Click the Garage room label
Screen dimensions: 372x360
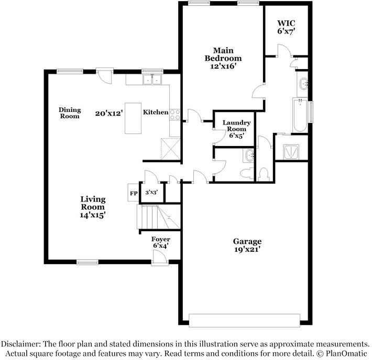pos(247,241)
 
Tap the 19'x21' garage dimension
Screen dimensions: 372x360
pos(247,249)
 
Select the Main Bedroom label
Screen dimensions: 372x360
pos(223,54)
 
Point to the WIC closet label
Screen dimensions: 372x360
pos(287,23)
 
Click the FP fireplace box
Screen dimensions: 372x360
pos(133,193)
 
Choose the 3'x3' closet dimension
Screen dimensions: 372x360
pos(151,192)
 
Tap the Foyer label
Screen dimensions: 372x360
pos(161,239)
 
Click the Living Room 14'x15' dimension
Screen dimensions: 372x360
pos(93,215)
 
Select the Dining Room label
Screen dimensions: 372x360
pos(70,113)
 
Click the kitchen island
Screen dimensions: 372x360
pos(133,118)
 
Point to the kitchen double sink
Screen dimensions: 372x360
pos(152,80)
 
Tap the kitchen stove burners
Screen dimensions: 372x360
pos(175,115)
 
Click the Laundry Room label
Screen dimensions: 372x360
pos(236,126)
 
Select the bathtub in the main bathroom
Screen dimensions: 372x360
pos(300,115)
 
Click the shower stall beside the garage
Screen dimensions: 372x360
pos(291,152)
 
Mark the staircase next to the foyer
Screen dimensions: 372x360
pos(158,217)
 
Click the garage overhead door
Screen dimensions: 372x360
pos(244,320)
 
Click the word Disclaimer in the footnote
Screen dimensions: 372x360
pos(20,344)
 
